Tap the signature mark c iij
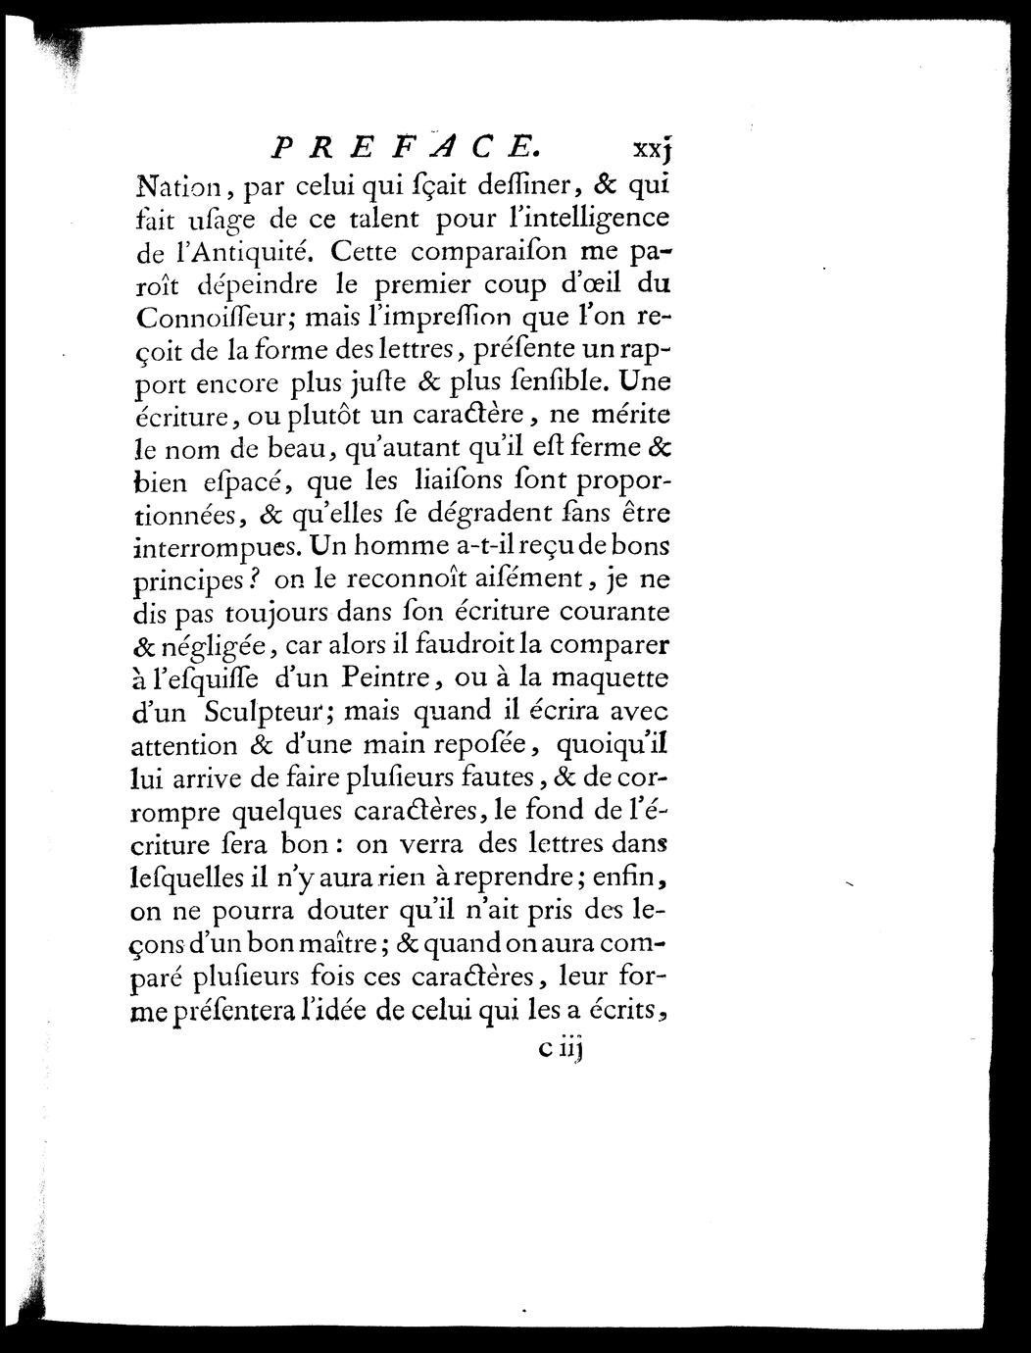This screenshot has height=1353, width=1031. tap(557, 1050)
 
